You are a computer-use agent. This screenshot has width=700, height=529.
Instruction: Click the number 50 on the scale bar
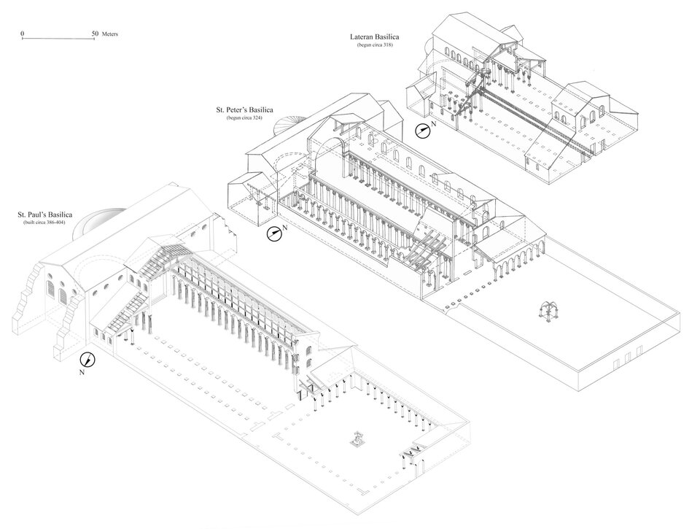(96, 34)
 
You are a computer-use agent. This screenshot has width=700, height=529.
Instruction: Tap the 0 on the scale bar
(23, 34)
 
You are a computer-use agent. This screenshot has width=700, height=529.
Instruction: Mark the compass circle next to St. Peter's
(273, 233)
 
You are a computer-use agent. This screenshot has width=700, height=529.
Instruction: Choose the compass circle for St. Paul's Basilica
(88, 359)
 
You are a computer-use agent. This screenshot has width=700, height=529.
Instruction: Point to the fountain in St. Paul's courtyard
(358, 439)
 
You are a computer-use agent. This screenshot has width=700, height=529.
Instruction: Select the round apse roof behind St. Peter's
(284, 126)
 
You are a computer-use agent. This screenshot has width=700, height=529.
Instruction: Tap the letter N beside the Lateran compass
(434, 127)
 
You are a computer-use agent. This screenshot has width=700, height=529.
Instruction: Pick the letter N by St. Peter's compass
(286, 229)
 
